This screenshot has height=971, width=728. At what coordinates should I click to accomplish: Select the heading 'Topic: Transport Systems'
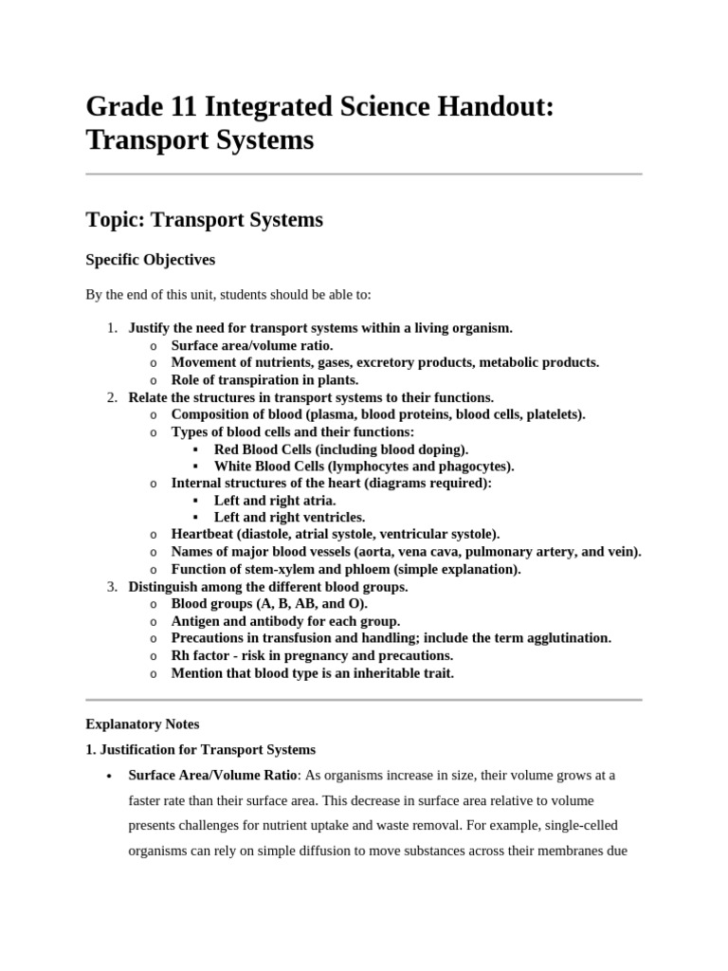pos(204,220)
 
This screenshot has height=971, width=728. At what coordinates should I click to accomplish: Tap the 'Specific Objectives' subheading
pos(150,259)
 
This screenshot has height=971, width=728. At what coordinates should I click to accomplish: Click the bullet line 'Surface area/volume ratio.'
pos(251,345)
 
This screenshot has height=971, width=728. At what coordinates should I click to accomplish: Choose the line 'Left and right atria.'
pos(274,501)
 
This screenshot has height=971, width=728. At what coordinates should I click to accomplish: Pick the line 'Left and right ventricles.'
pos(289,518)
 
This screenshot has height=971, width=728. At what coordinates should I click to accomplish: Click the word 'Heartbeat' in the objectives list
pos(203,535)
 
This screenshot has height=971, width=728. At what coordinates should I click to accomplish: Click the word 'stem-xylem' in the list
pos(269,570)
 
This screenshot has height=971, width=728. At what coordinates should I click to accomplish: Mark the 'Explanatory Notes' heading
pos(142,724)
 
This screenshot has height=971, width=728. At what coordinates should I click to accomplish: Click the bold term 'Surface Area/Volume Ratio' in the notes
pos(213,776)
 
